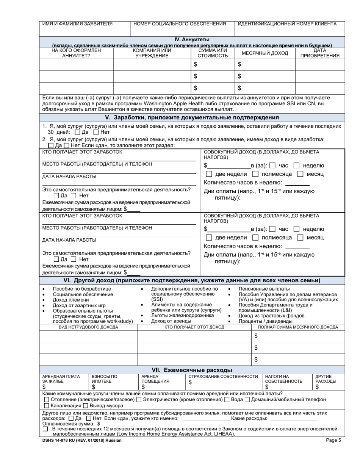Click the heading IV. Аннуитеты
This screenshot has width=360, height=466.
click(x=192, y=39)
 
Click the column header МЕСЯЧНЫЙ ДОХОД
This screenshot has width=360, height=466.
click(x=265, y=53)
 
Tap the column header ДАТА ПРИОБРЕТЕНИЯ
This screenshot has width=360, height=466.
click(x=320, y=53)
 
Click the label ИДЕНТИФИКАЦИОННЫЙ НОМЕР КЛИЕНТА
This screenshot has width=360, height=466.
click(x=287, y=24)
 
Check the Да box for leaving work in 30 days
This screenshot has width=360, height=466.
click(x=78, y=133)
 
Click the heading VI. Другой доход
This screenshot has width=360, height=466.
click(x=192, y=280)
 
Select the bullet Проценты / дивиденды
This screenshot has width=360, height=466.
click(x=265, y=321)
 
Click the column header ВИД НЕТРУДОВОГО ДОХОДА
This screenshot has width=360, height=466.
click(x=88, y=327)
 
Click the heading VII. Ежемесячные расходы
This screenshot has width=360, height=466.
click(x=192, y=370)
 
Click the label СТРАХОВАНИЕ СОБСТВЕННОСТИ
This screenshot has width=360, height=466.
click(x=223, y=377)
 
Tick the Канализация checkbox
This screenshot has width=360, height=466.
click(x=46, y=406)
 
